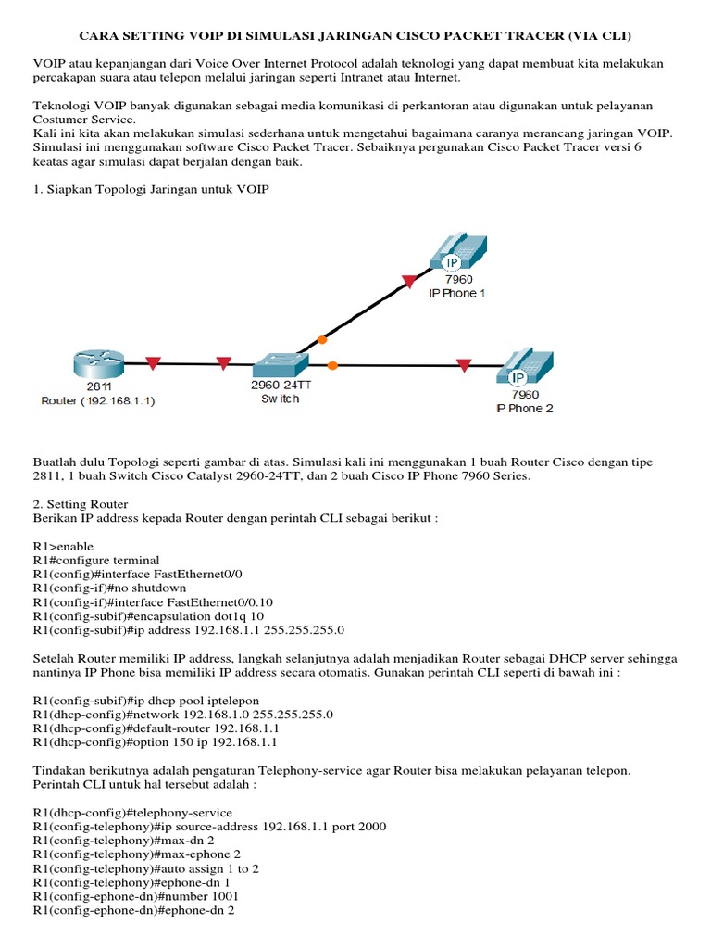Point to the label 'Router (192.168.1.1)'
98,401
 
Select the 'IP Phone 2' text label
524,408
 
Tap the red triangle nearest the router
153,363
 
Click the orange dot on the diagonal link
321,340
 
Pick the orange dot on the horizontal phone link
332,365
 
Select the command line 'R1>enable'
63,546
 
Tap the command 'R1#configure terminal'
96,560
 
